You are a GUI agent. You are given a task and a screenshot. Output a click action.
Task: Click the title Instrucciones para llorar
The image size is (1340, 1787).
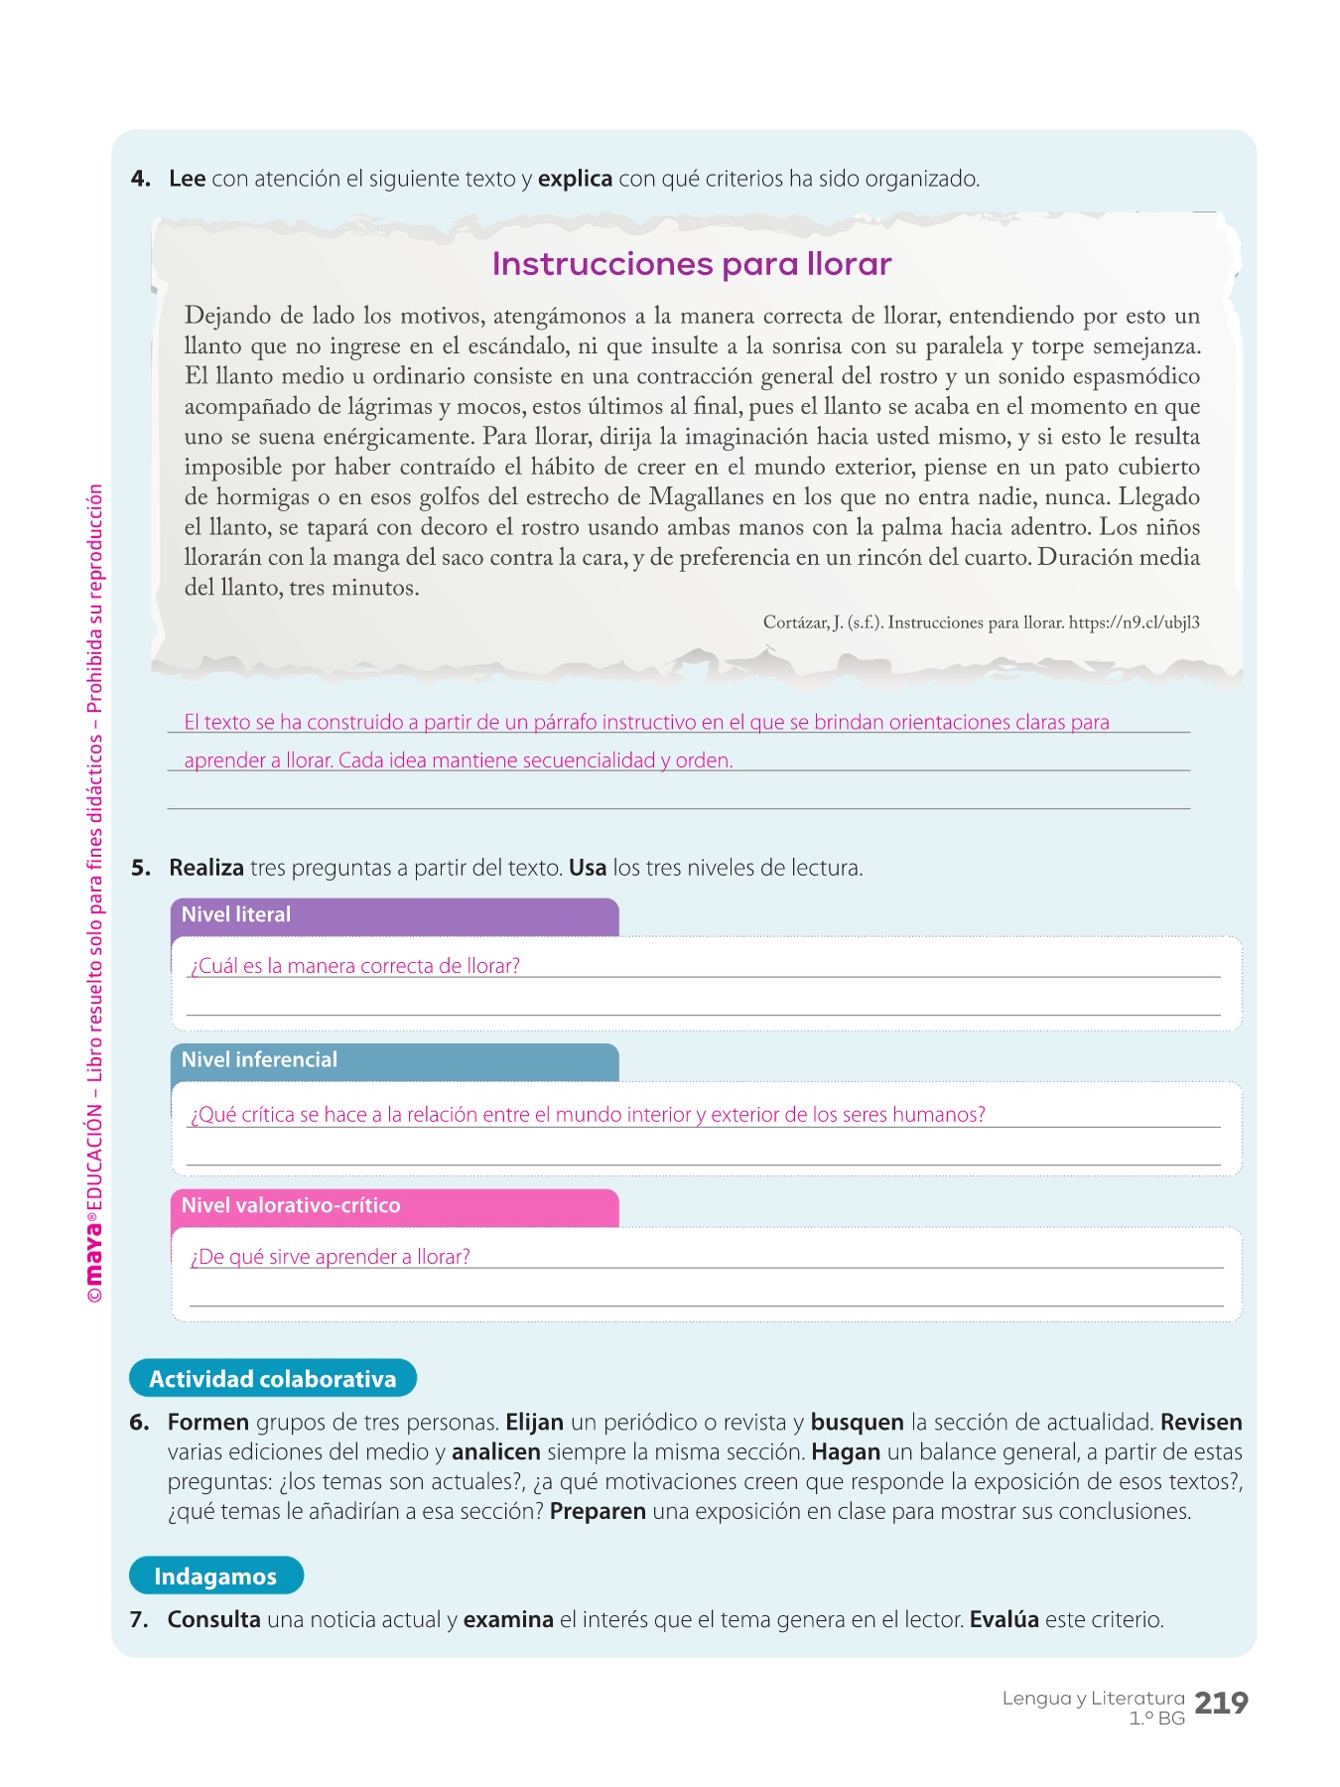coord(692,264)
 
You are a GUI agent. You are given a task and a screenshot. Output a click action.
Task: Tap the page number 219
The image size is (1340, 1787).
coord(1221,1704)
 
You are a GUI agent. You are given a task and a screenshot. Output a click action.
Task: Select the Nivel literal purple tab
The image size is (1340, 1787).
coord(394,915)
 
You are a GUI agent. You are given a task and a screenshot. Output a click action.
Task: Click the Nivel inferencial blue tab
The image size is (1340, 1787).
coord(394,1060)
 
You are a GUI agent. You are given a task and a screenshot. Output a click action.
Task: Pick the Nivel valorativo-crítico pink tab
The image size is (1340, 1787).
coord(394,1206)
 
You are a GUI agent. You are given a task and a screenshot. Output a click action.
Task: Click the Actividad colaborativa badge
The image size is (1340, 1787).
coord(273,1379)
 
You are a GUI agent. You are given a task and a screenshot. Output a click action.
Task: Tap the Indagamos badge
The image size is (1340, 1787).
coord(215,1577)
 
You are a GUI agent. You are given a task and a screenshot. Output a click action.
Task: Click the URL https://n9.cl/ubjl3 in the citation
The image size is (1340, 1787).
coord(1135,623)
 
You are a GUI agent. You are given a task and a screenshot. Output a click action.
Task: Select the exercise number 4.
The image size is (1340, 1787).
coord(140,180)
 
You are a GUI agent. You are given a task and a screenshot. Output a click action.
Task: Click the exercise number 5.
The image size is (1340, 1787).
coord(140,869)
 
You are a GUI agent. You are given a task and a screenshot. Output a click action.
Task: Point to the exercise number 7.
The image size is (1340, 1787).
coord(139,1620)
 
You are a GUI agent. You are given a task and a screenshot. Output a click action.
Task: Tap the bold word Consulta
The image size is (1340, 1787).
coord(213,1620)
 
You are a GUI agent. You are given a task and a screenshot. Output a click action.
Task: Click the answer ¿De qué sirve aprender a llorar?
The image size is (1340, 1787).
coord(331,1257)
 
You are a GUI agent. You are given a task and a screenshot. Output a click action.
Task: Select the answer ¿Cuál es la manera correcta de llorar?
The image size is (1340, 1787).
coord(355,966)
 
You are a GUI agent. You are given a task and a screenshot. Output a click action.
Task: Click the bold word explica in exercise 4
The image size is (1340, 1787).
coord(575,180)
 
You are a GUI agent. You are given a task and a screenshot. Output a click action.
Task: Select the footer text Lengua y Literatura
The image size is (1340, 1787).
coord(1093,1699)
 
